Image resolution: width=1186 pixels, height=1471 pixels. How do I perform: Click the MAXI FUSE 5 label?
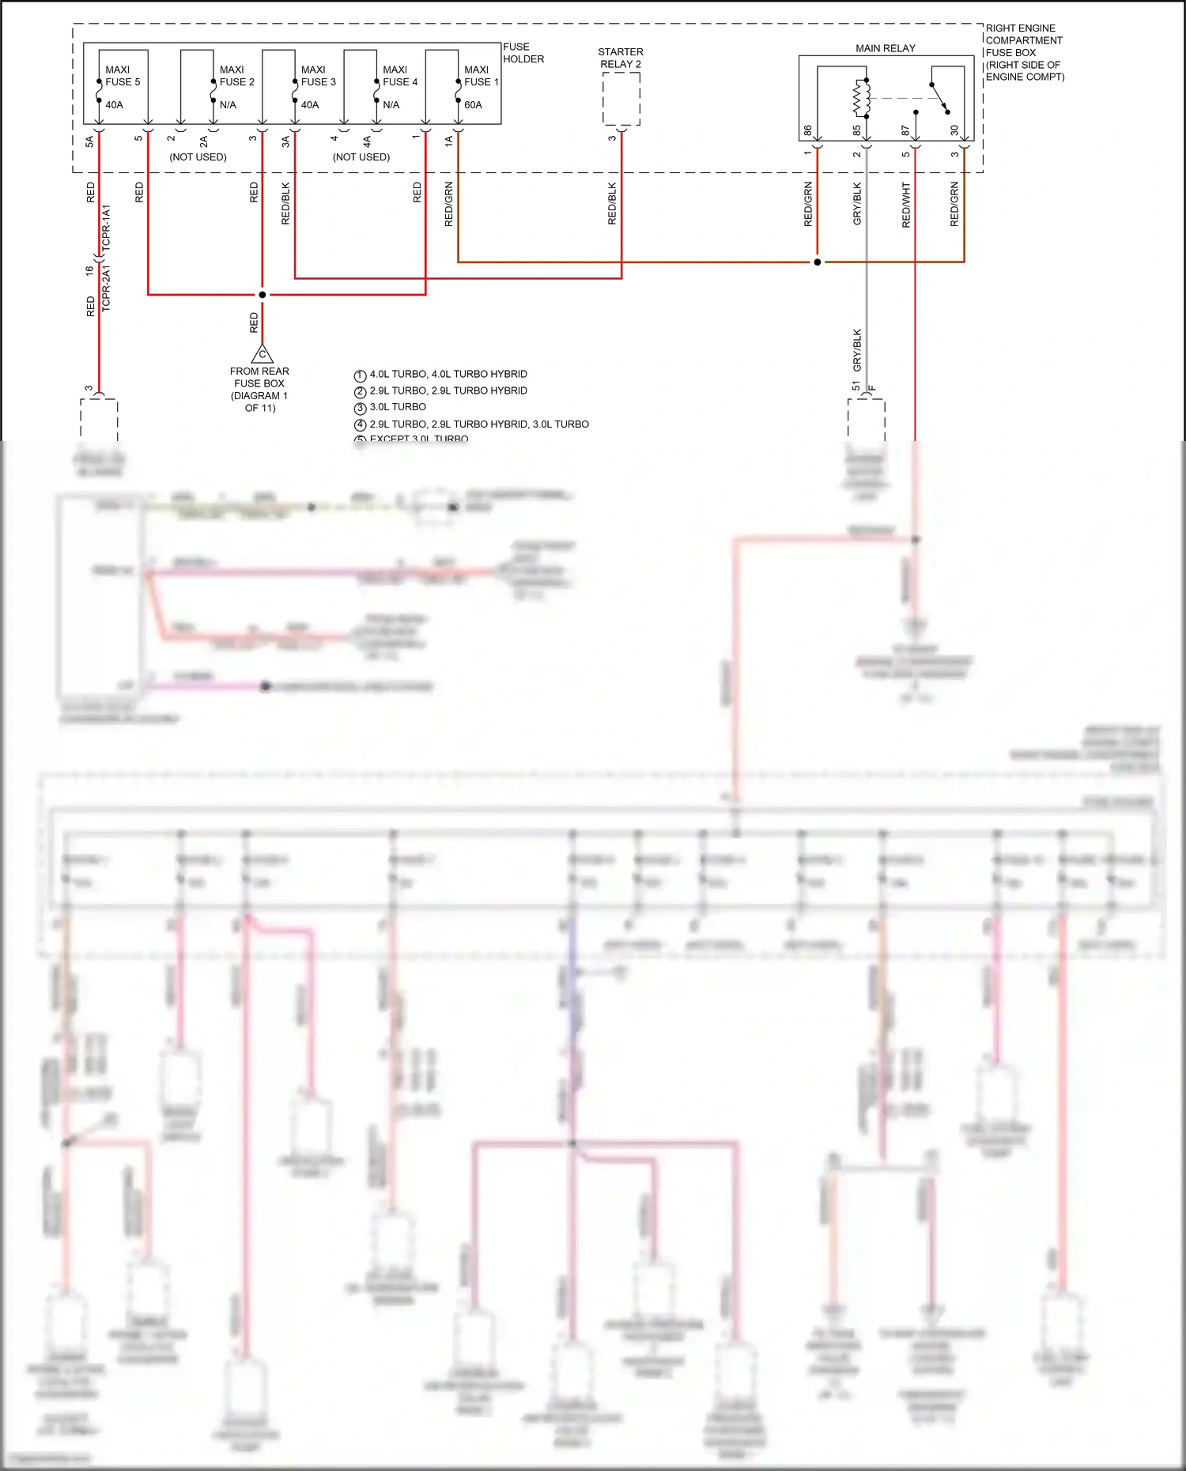pyautogui.click(x=123, y=76)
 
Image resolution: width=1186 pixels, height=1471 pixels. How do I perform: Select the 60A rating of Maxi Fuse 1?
pyautogui.click(x=473, y=105)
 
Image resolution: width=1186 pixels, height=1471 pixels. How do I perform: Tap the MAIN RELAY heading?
pyautogui.click(x=885, y=48)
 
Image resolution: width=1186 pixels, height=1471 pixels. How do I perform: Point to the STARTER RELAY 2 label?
pyautogui.click(x=621, y=58)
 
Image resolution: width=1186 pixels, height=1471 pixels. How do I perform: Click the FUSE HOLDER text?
pyautogui.click(x=523, y=53)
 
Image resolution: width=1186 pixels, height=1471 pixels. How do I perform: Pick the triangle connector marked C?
pyautogui.click(x=263, y=353)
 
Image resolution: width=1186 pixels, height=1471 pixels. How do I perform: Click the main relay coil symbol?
pyautogui.click(x=862, y=98)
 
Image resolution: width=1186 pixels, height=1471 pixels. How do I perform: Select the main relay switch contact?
pyautogui.click(x=940, y=98)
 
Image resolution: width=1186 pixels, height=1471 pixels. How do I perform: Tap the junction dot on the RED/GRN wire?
pyautogui.click(x=818, y=262)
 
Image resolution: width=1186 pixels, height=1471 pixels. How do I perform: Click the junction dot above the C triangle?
pyautogui.click(x=263, y=295)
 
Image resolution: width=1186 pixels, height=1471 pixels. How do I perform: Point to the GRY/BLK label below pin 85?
pyautogui.click(x=857, y=204)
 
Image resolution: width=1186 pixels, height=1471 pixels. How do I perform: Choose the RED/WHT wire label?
pyautogui.click(x=906, y=206)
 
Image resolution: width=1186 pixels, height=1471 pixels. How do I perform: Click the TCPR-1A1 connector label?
pyautogui.click(x=106, y=228)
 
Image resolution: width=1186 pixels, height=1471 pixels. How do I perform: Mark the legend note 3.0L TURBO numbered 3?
pyautogui.click(x=398, y=407)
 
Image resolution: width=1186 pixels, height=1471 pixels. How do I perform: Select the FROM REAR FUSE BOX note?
pyautogui.click(x=259, y=389)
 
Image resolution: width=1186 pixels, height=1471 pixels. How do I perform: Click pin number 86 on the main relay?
pyautogui.click(x=807, y=130)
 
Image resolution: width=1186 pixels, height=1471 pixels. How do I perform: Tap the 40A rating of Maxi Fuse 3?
pyautogui.click(x=310, y=105)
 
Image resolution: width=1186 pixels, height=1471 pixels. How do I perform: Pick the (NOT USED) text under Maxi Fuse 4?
pyautogui.click(x=361, y=157)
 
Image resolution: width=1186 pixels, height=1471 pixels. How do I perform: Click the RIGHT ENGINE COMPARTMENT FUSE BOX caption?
pyautogui.click(x=1024, y=52)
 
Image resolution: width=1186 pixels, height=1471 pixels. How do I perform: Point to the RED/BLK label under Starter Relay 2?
pyautogui.click(x=612, y=204)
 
